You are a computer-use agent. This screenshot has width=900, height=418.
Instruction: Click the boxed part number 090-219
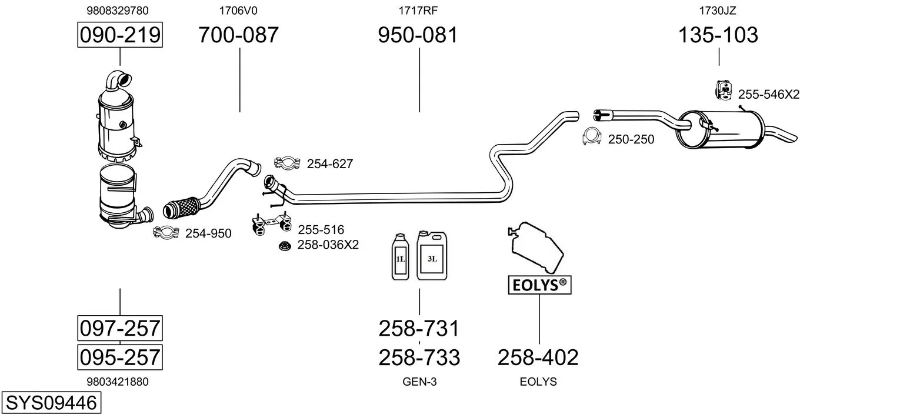[x=120, y=35]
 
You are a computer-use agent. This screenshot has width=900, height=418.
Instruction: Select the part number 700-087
[x=238, y=35]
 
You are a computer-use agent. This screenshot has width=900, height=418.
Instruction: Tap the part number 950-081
[x=418, y=35]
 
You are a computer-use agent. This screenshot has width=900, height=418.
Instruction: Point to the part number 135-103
[x=718, y=35]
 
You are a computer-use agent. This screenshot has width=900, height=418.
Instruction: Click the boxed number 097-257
[x=120, y=327]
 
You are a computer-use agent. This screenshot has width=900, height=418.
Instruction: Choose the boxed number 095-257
[x=120, y=357]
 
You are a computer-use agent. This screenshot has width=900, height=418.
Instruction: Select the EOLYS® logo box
[x=539, y=285]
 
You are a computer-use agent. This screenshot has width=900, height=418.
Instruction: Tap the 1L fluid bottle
[x=400, y=256]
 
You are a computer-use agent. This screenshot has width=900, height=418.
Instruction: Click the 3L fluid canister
[x=432, y=255]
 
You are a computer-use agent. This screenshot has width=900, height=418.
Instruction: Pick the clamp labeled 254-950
[x=166, y=233]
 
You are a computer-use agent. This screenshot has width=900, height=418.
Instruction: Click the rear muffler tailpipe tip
[x=785, y=135]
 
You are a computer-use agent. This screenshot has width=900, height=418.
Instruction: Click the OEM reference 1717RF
[x=418, y=10]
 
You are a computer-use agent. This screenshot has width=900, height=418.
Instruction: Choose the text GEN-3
[x=419, y=382]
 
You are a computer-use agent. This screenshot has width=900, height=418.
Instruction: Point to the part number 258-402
[x=538, y=357]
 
